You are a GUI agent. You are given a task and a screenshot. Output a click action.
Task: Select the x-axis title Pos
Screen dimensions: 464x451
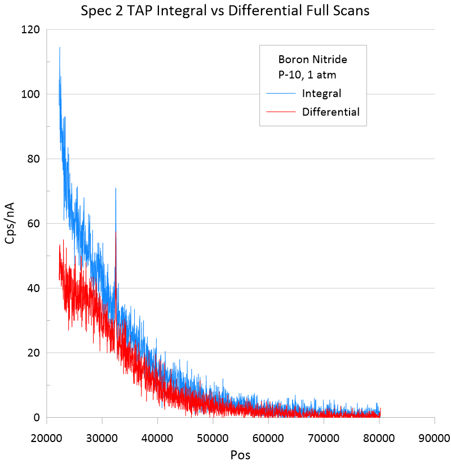pos(240,454)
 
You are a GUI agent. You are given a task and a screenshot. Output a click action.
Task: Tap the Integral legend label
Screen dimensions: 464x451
pos(321,93)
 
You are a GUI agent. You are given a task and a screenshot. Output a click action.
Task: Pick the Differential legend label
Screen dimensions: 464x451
pos(330,112)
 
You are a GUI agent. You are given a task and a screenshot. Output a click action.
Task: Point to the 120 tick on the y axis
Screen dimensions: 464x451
pos(32,29)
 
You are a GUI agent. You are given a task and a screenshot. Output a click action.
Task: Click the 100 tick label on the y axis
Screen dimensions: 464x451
pos(32,94)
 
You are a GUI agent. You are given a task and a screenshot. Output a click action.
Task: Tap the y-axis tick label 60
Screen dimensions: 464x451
pos(34,224)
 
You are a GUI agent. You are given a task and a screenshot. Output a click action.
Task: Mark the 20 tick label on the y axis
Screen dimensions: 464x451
pos(34,353)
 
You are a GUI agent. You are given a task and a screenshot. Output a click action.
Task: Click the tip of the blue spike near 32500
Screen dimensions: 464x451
pos(116,188)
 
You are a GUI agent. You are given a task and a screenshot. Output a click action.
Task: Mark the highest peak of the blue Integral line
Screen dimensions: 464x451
pos(59,47)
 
